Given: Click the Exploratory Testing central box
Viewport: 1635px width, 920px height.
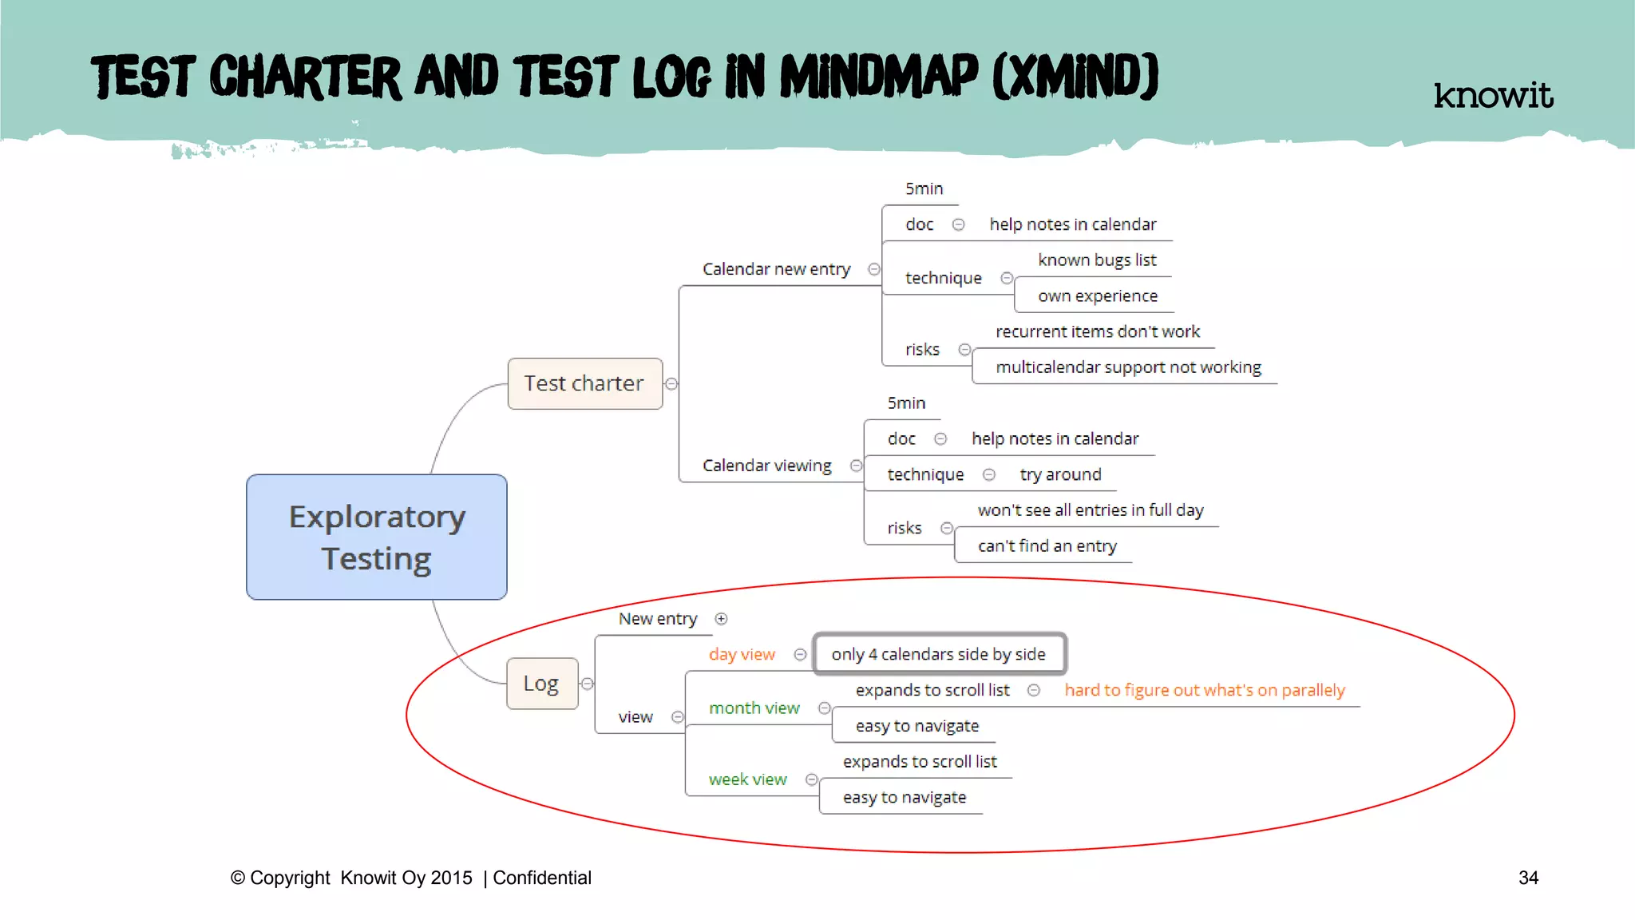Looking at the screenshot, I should (x=376, y=537).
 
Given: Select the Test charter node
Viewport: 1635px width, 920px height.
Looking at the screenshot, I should (x=584, y=383).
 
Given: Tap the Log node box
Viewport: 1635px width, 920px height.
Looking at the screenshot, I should (x=541, y=684).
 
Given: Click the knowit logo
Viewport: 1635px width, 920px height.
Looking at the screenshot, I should (x=1493, y=95).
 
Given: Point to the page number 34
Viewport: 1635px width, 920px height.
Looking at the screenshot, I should (x=1528, y=878).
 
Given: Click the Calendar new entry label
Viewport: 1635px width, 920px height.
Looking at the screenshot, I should (x=776, y=269).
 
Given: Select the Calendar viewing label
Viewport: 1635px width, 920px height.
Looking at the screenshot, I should (x=766, y=466).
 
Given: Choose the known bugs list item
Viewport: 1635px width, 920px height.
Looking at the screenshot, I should (x=1097, y=260).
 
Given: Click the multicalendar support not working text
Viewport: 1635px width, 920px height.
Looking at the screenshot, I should (x=1128, y=367).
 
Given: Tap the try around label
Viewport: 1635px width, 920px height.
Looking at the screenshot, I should (x=1060, y=474).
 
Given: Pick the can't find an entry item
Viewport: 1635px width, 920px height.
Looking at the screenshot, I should (x=1047, y=546).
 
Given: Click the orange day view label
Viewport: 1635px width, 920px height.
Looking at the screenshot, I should (x=742, y=655).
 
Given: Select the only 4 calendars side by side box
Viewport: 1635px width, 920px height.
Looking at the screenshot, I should (x=938, y=655).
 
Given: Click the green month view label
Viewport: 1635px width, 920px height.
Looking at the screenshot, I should (x=754, y=708).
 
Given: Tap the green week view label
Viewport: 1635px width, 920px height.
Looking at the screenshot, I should (x=747, y=779).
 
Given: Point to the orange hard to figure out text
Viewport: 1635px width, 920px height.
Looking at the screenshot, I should (x=1204, y=690).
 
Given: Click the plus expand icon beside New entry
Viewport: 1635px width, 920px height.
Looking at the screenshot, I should (x=721, y=619).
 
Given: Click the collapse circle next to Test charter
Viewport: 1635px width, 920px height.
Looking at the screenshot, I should (x=672, y=384).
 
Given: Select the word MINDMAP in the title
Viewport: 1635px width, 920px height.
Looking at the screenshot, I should (x=878, y=77).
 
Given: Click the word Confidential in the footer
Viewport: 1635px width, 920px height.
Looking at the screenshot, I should (x=542, y=878).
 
